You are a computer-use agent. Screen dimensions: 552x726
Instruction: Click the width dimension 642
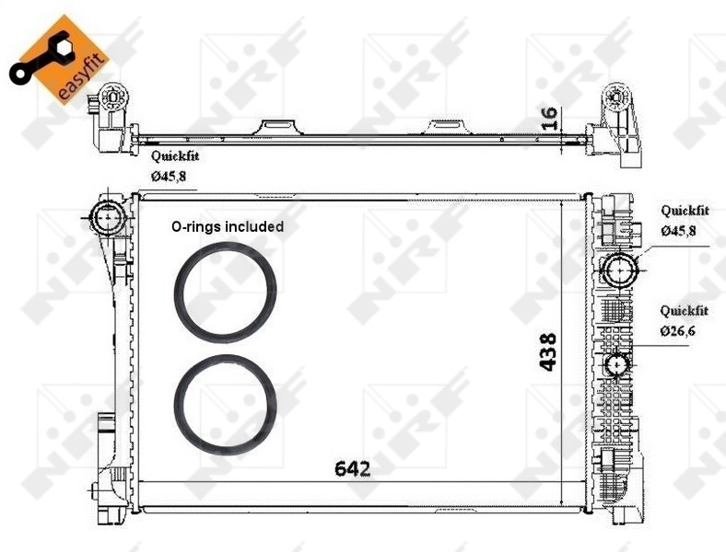tap(352, 468)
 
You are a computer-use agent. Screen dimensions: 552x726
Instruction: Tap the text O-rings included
tap(227, 225)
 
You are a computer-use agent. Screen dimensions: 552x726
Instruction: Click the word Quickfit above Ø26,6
tap(684, 311)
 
